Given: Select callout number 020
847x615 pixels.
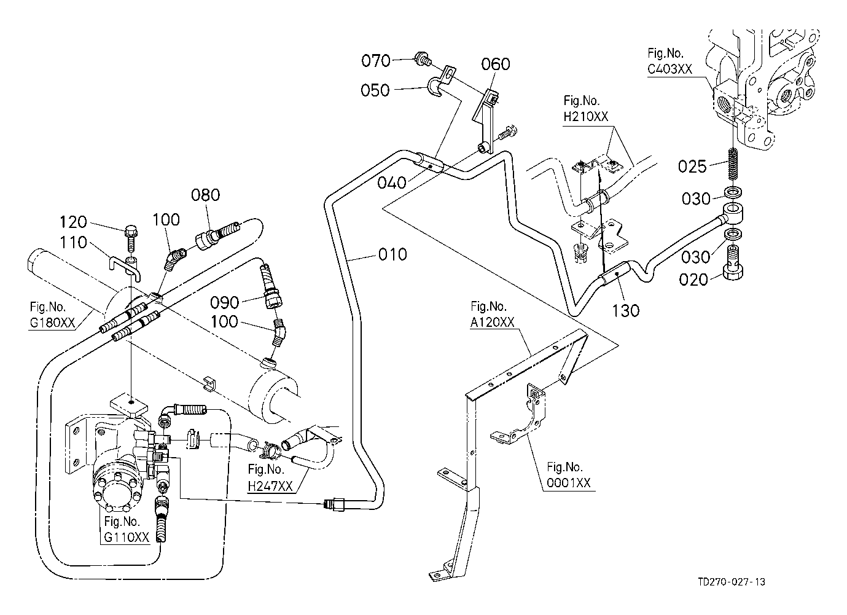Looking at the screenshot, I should point(693,280).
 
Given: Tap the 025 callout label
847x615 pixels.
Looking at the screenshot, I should point(693,166).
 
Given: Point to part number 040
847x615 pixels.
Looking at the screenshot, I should point(392,183).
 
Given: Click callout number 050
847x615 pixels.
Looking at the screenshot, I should point(375,90).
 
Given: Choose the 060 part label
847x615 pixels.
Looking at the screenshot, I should point(496,64).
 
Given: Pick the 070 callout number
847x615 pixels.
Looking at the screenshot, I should point(375,60).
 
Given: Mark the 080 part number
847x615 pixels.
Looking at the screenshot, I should point(205,195).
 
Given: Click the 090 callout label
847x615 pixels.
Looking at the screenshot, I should point(224,302).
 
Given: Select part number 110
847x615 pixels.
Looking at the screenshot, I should point(74,244).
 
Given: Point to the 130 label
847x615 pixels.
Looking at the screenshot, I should point(625,310).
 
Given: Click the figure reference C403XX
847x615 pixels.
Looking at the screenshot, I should point(669,69).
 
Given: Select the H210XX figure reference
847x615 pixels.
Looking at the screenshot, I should point(585,116).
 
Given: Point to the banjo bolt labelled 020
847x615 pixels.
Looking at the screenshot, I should point(733,262).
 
